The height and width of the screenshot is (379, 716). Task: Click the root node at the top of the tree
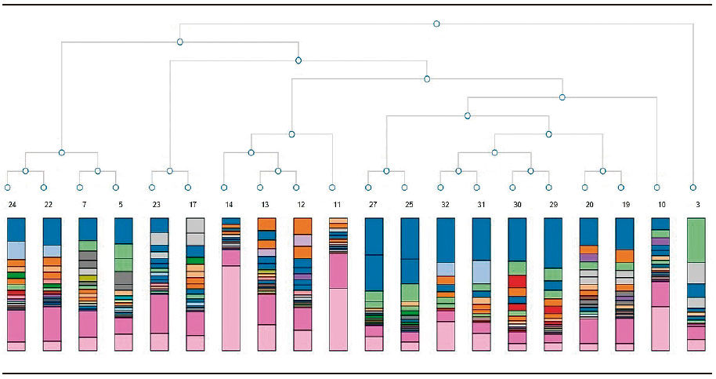[x=436, y=24]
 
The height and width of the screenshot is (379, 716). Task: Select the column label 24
[x=13, y=204]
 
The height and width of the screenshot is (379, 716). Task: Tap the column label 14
[x=229, y=204]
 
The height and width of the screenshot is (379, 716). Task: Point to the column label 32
[x=445, y=204]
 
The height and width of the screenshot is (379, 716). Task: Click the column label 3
[x=698, y=204]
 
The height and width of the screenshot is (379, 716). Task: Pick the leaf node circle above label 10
[x=656, y=188]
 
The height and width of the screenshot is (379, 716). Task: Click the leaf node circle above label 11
[x=332, y=188]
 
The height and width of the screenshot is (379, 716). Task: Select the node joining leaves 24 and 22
[x=26, y=171]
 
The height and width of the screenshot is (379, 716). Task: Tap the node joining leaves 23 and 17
[x=170, y=171]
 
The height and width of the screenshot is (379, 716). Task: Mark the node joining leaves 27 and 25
[x=386, y=171]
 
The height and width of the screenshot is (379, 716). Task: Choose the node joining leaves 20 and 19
[x=602, y=171]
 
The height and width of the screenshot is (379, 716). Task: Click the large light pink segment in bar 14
[x=231, y=308]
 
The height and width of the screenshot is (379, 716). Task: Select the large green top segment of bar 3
[x=696, y=240]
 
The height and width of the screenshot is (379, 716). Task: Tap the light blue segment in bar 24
[x=16, y=250]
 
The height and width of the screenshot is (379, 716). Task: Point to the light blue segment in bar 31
[x=481, y=272]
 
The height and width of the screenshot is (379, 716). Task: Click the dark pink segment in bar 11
[x=338, y=271]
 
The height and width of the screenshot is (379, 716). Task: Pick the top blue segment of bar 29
[x=553, y=242]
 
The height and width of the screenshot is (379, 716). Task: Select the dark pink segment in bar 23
[x=159, y=314]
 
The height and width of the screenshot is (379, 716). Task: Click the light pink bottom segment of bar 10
[x=660, y=328]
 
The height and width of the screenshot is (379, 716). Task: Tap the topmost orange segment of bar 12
[x=302, y=226]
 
